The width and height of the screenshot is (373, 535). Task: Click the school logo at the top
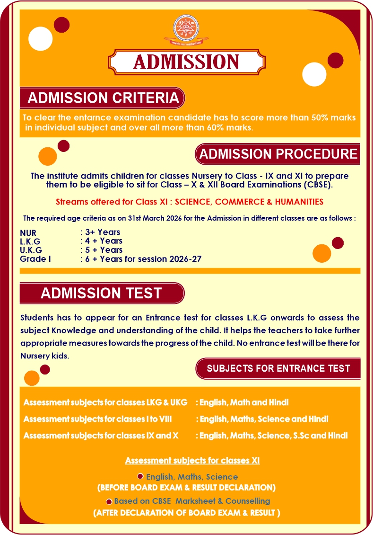point(186,30)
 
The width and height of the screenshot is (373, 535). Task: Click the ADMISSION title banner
point(186,62)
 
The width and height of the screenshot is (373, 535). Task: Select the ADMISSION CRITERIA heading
point(103,98)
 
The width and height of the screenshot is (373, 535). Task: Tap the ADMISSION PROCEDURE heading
point(278,154)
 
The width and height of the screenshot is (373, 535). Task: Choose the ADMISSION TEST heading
point(101,293)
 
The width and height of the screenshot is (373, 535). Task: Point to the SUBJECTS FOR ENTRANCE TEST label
point(278,368)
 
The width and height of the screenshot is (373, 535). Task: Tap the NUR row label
point(28,233)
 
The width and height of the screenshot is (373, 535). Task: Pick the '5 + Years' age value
point(104,250)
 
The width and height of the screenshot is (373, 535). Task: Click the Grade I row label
point(35,259)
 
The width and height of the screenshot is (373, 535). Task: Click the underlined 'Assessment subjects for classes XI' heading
point(192,460)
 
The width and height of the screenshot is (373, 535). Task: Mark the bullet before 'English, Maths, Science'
point(140,476)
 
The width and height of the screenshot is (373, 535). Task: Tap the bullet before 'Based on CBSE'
point(109,501)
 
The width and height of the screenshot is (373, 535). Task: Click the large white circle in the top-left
point(41,39)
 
